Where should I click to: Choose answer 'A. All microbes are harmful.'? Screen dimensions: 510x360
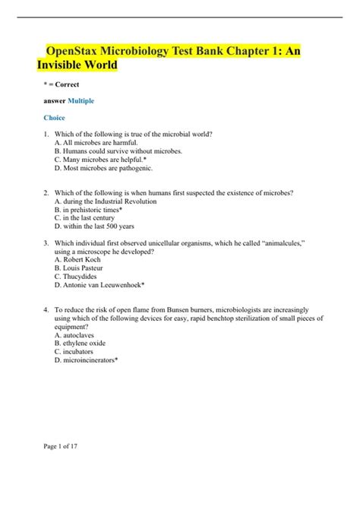point(97,142)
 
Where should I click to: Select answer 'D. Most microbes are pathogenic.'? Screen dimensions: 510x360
point(104,168)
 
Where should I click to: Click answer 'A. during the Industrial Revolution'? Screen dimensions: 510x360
point(106,201)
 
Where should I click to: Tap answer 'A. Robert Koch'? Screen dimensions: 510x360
point(79,260)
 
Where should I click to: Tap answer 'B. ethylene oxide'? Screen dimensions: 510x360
point(82,344)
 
